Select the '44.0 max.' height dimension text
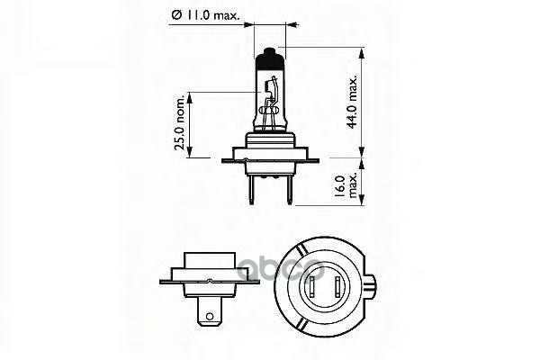click(380, 103)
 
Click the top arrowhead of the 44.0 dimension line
click(360, 52)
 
